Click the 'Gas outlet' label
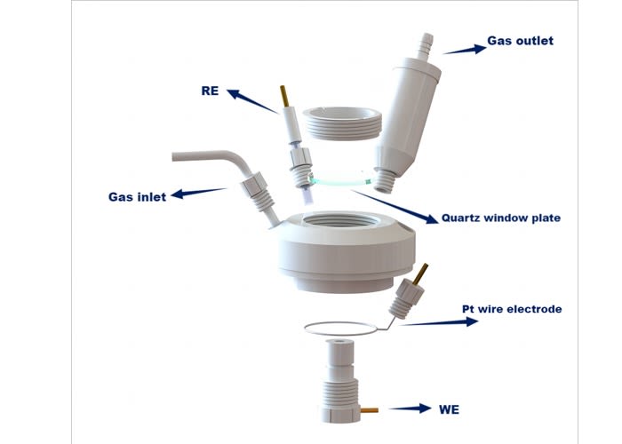520,41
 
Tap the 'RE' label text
210,91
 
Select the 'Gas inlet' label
137,196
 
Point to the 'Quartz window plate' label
500,218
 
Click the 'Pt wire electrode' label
512,309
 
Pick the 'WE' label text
449,409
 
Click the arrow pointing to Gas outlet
465,50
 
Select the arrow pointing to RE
252,101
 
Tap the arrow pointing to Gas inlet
198,193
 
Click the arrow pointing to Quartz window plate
395,207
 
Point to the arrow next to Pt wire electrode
439,322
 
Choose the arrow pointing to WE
411,408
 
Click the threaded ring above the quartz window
342,123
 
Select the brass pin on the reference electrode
284,96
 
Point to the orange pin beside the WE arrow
370,410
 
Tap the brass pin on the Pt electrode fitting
420,274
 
